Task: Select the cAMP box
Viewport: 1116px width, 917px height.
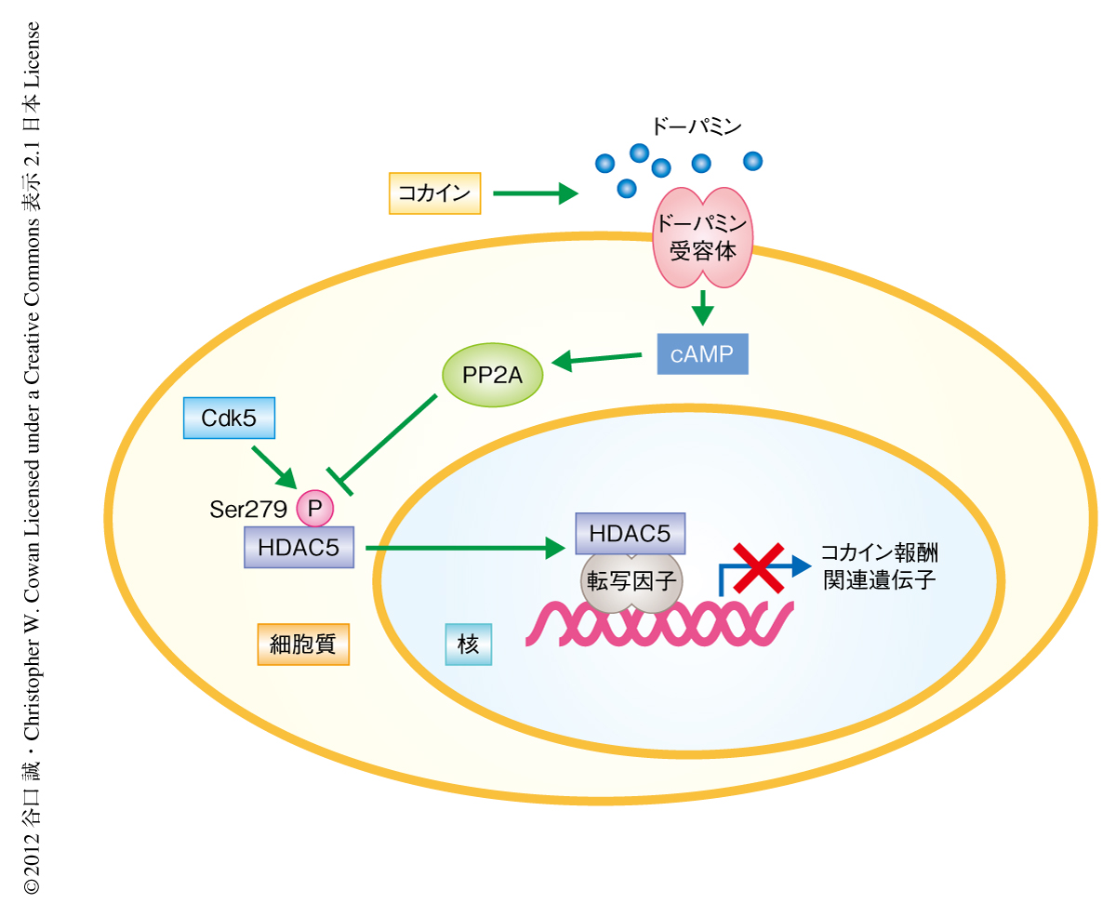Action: click(702, 353)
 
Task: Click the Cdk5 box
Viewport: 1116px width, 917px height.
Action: click(229, 419)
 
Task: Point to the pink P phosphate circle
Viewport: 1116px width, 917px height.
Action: click(314, 508)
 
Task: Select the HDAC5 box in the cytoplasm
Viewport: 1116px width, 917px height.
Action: click(299, 547)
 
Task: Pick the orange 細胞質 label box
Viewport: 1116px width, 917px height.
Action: click(303, 644)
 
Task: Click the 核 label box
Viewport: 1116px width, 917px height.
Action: click(469, 644)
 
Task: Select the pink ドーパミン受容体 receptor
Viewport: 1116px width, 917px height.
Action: click(703, 237)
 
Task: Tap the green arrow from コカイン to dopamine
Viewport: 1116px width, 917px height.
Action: click(535, 193)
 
